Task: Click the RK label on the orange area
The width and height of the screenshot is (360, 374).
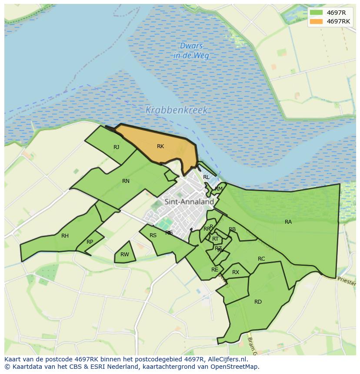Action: click(x=160, y=146)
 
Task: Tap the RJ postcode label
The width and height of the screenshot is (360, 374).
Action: click(x=116, y=147)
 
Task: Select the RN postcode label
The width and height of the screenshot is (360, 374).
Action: click(x=126, y=181)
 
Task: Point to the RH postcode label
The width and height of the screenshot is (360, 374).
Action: click(x=65, y=236)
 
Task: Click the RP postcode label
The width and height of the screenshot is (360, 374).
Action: click(x=90, y=242)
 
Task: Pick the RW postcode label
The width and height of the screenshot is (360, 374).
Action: click(x=125, y=255)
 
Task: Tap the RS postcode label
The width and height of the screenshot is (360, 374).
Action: click(x=153, y=235)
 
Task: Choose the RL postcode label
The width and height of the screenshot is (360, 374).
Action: click(x=206, y=177)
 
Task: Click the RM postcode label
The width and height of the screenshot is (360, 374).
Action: click(x=219, y=189)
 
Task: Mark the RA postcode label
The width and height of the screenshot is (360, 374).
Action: click(x=288, y=222)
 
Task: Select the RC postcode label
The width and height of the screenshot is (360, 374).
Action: click(x=261, y=259)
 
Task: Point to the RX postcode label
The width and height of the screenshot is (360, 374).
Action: click(x=236, y=272)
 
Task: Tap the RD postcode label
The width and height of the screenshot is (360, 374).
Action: click(x=258, y=302)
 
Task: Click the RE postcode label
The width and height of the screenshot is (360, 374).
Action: click(x=215, y=270)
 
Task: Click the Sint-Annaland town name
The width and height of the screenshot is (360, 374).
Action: click(x=189, y=202)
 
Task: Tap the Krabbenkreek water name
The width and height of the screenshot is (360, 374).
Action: click(x=177, y=110)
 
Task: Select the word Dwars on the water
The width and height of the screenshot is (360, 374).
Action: click(x=191, y=46)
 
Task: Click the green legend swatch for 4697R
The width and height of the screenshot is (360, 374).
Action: click(x=317, y=12)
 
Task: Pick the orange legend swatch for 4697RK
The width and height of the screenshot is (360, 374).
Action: click(x=317, y=21)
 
